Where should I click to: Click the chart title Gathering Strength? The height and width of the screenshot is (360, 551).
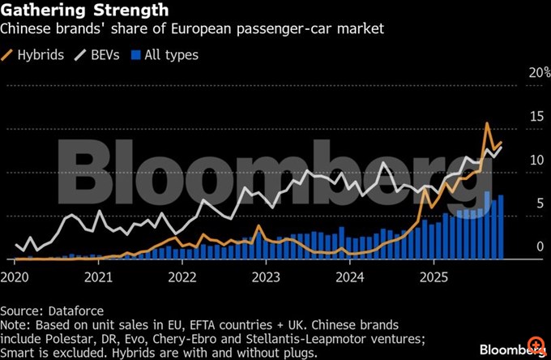pyautogui.click(x=85, y=11)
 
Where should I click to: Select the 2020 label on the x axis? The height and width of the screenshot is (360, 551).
pyautogui.click(x=15, y=276)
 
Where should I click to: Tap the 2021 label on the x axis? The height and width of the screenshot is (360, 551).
pyautogui.click(x=98, y=276)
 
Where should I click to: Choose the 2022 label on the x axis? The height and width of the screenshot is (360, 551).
pyautogui.click(x=182, y=276)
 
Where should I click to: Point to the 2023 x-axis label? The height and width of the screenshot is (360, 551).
pyautogui.click(x=266, y=276)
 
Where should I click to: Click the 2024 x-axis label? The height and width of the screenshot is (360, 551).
pyautogui.click(x=349, y=276)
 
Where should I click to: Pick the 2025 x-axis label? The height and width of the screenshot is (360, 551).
pyautogui.click(x=434, y=276)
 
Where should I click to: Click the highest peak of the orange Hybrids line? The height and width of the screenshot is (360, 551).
pyautogui.click(x=487, y=124)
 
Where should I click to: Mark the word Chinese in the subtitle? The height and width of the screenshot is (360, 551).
pyautogui.click(x=28, y=31)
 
